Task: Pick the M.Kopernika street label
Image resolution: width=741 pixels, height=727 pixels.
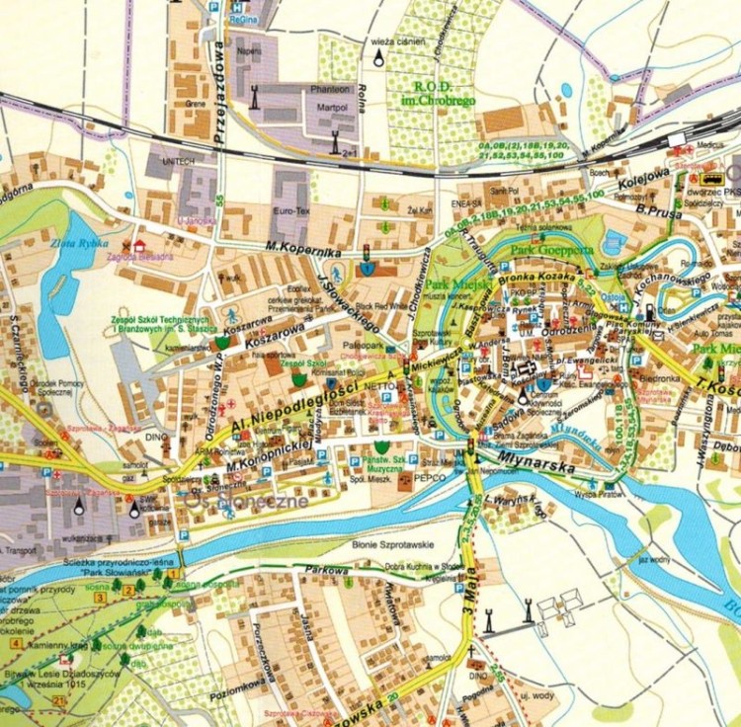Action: [302, 251]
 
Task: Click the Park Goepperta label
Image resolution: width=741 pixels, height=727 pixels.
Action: [552, 250]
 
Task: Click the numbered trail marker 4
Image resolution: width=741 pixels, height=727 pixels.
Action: [14, 644]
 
